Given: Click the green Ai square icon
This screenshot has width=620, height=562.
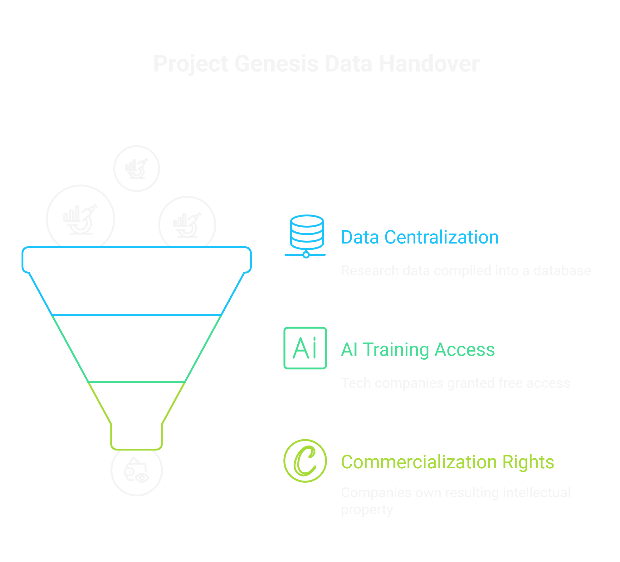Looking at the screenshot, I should (x=305, y=348).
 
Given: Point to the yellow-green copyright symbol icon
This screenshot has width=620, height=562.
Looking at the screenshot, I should (x=305, y=461).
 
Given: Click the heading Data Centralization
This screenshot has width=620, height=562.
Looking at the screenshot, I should (x=420, y=237).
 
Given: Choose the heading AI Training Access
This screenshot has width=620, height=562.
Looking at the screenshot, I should (x=418, y=349).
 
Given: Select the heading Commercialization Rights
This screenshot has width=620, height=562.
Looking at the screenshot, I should (x=447, y=462).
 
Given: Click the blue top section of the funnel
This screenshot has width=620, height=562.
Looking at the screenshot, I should (x=137, y=281).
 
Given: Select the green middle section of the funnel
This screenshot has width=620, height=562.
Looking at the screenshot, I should (x=137, y=348).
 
